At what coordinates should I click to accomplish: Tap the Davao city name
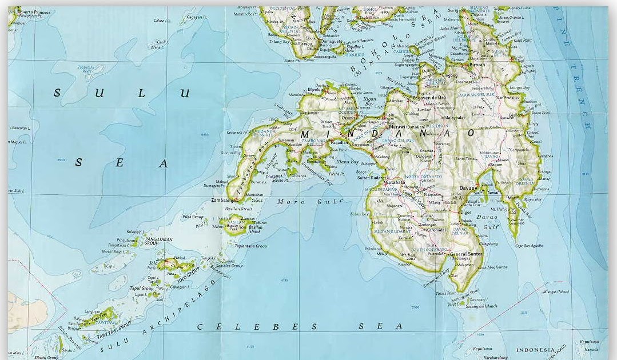pyautogui.click(x=467, y=188)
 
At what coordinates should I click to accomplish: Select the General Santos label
pyautogui.click(x=466, y=254)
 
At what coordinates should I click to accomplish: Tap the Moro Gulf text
pyautogui.click(x=309, y=202)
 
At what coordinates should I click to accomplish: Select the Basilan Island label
pyautogui.click(x=255, y=229)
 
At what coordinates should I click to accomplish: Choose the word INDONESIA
pyautogui.click(x=535, y=350)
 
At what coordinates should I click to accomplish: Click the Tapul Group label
pyautogui.click(x=141, y=289)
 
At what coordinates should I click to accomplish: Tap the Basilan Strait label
pyautogui.click(x=239, y=209)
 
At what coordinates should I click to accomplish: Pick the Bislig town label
pyautogui.click(x=515, y=115)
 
